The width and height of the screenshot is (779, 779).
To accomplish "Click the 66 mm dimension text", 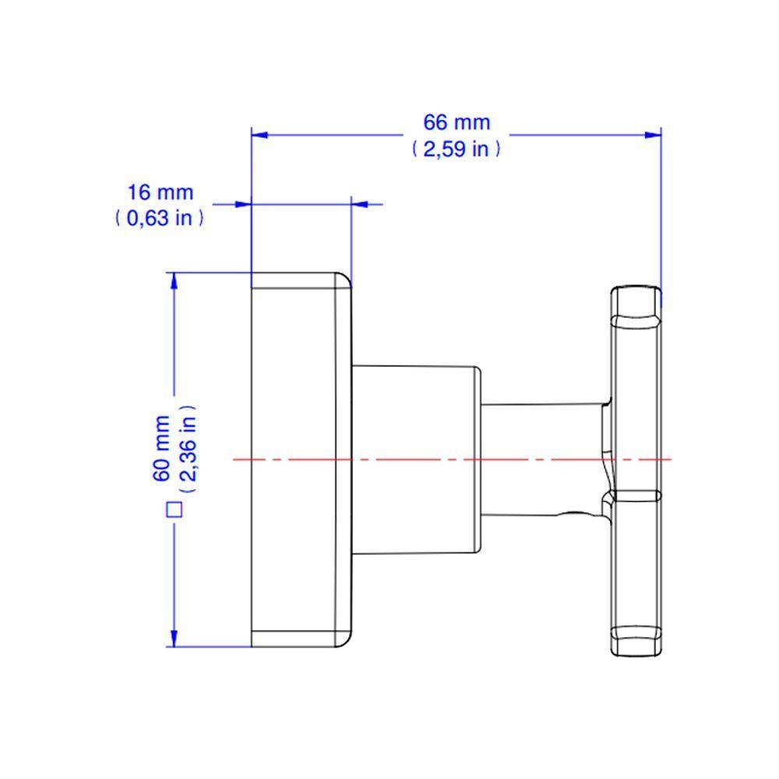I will tap(456, 122).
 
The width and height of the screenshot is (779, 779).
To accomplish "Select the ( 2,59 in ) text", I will tap(456, 149).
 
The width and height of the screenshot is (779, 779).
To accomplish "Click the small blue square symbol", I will tap(174, 510).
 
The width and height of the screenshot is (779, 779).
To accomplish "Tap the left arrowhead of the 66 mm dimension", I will tap(259, 135).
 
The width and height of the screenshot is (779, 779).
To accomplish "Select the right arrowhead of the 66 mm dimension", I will tap(653, 135).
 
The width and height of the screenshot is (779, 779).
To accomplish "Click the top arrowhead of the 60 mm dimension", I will tap(174, 281).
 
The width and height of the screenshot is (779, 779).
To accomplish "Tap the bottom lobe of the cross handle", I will tap(636, 639).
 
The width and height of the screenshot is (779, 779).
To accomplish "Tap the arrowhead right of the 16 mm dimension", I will tap(360, 204).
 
